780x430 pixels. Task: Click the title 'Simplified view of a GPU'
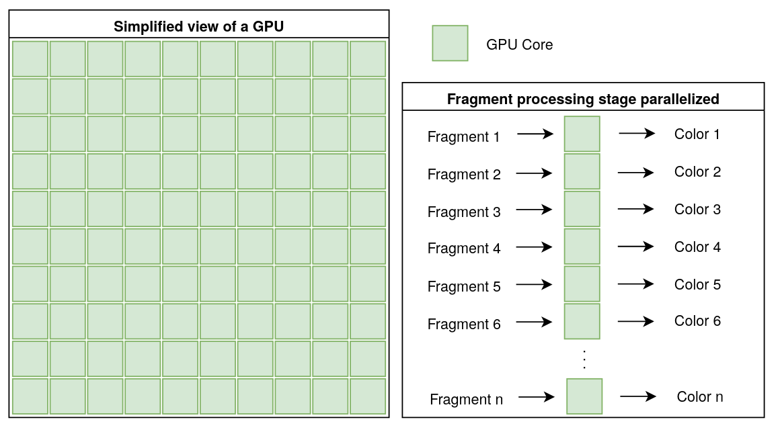click(x=199, y=27)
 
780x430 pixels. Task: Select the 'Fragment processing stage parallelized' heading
click(x=583, y=99)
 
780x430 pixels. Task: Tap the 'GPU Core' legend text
click(x=519, y=45)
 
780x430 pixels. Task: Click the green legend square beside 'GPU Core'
click(x=450, y=44)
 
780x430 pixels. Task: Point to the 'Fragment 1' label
click(x=463, y=137)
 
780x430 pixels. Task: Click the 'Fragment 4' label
click(x=464, y=249)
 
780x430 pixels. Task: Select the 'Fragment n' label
click(x=466, y=400)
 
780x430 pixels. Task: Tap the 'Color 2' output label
click(x=697, y=172)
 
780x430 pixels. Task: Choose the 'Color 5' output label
click(x=697, y=285)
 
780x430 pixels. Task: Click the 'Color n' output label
click(x=700, y=396)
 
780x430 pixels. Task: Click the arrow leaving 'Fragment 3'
click(x=535, y=210)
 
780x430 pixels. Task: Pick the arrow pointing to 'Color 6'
click(x=636, y=322)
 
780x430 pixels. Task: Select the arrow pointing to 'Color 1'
click(x=637, y=134)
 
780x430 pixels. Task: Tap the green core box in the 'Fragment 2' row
click(x=582, y=171)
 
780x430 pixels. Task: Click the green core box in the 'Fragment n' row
click(x=584, y=396)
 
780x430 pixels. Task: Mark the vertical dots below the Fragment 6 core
click(x=584, y=359)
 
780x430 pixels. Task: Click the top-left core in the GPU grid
click(x=30, y=59)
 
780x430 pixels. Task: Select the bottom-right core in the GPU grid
click(x=368, y=396)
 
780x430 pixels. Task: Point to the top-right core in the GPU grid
click(x=368, y=59)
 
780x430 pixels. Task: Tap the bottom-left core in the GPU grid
click(x=30, y=396)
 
